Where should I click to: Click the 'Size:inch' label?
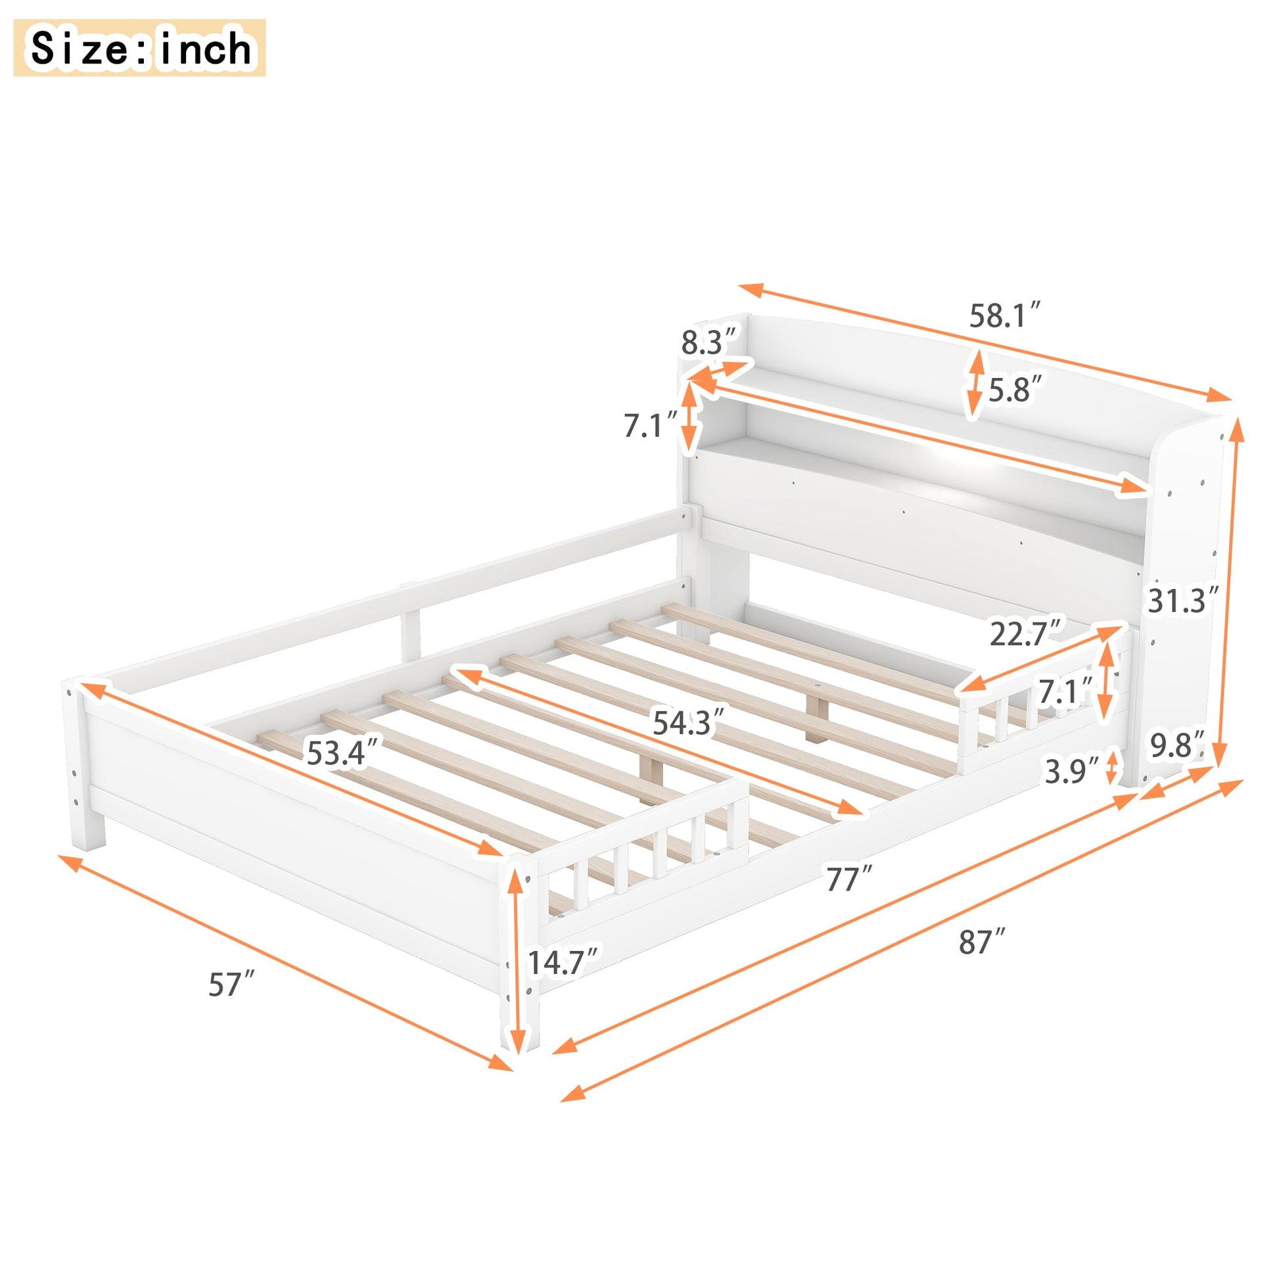[140, 49]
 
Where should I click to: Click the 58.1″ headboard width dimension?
[1005, 315]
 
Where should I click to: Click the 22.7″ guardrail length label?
[1025, 634]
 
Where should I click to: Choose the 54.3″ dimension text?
[689, 722]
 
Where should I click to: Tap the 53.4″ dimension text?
[343, 753]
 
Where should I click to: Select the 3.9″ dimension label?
[1072, 770]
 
